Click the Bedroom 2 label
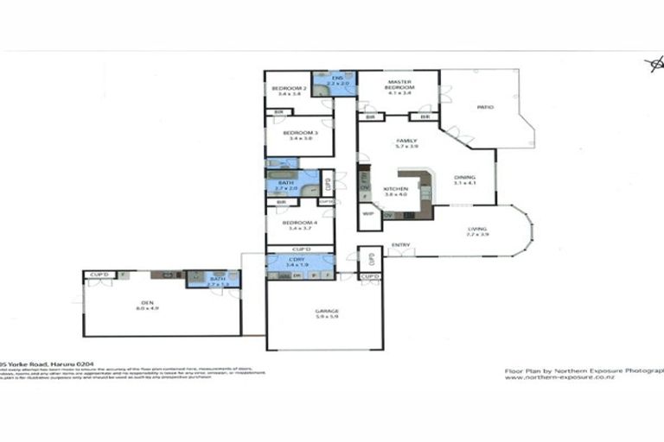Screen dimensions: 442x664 pos(285,89)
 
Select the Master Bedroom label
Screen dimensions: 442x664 pos(399,85)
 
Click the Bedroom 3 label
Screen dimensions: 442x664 pos(300,133)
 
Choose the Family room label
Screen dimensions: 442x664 pos(406,141)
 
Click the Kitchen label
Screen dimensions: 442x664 pos(395,189)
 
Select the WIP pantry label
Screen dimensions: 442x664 pos(367,213)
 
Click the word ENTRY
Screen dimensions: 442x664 pos(399,245)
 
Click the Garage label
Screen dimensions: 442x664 pos(324,312)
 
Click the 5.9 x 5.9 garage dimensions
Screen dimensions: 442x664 pos(324,319)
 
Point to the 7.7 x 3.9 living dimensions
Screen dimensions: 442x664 pos(478,235)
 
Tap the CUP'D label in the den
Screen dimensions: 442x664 pos(99,275)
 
